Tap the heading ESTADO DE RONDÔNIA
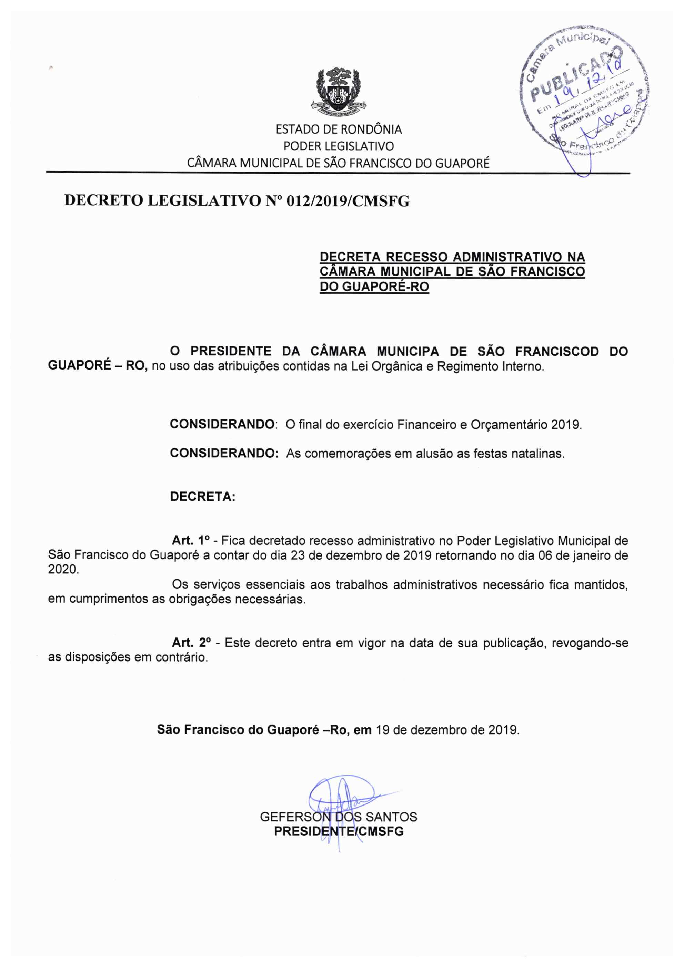pos(339,129)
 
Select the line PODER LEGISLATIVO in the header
pos(339,146)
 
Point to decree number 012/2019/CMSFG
pos(348,201)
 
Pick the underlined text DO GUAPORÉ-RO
pos(374,287)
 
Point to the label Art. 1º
pos(191,540)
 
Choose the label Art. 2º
pos(191,643)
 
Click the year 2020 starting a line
pos(63,569)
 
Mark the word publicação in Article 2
pos(513,643)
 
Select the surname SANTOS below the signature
pos(391,817)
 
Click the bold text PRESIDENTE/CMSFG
pos(339,831)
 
